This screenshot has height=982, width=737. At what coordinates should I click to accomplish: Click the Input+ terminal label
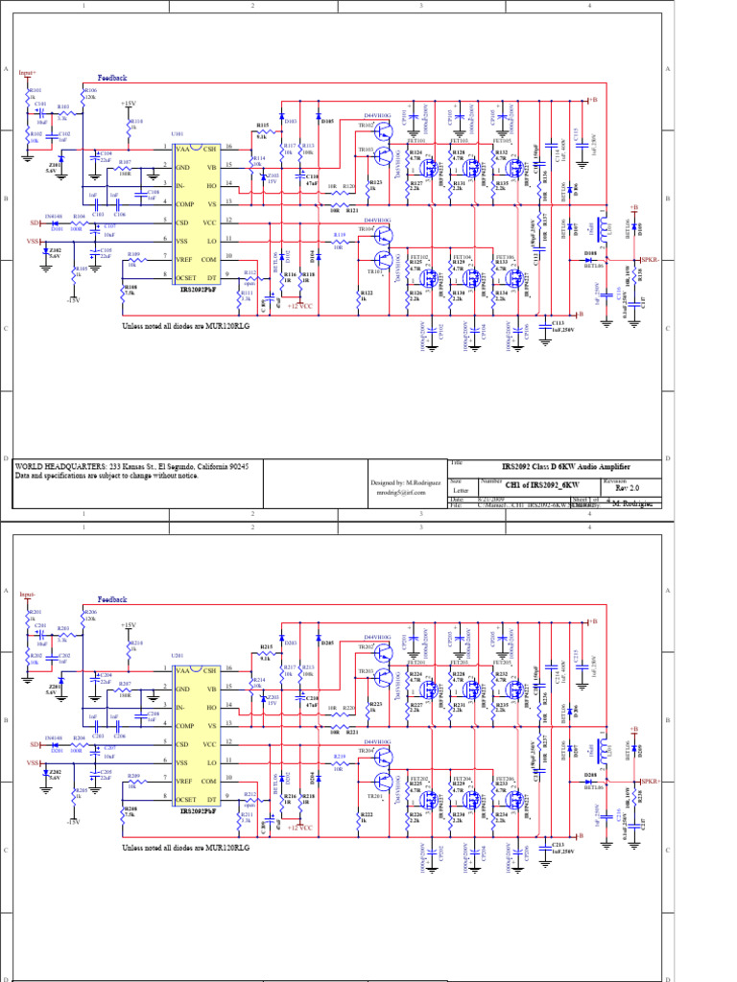click(27, 72)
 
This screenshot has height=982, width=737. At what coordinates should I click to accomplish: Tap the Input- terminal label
click(27, 595)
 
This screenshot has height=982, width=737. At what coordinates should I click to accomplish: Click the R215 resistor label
click(266, 647)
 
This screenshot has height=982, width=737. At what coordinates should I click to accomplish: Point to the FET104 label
click(462, 257)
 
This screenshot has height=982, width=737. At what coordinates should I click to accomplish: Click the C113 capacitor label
click(558, 323)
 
